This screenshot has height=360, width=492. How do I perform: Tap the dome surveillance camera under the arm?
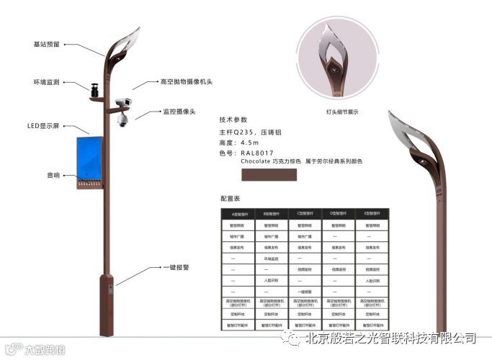[122, 120]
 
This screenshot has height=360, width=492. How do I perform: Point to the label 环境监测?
[45, 82]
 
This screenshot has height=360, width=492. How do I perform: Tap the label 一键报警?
[176, 267]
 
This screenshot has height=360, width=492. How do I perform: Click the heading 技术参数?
[233, 120]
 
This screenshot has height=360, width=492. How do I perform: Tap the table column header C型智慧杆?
[305, 214]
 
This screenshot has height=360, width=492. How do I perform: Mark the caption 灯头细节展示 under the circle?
[342, 112]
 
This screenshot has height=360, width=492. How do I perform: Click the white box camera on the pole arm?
[123, 103]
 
